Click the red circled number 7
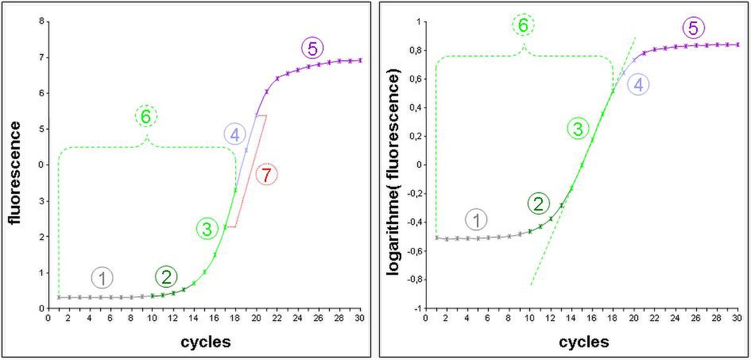[267, 175]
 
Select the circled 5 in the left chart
[312, 49]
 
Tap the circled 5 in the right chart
[693, 28]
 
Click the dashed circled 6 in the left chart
[146, 116]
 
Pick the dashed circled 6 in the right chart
[523, 25]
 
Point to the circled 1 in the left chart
[102, 278]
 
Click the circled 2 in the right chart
[538, 203]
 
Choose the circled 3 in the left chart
[208, 229]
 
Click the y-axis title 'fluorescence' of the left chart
[15, 173]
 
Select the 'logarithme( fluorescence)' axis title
[392, 172]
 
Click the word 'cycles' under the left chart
[206, 342]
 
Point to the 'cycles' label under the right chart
[584, 342]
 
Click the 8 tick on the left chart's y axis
[42, 21]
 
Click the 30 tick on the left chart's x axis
[360, 317]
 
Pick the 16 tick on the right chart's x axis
[592, 317]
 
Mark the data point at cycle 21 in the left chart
[267, 91]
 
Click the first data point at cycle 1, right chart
[437, 237]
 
